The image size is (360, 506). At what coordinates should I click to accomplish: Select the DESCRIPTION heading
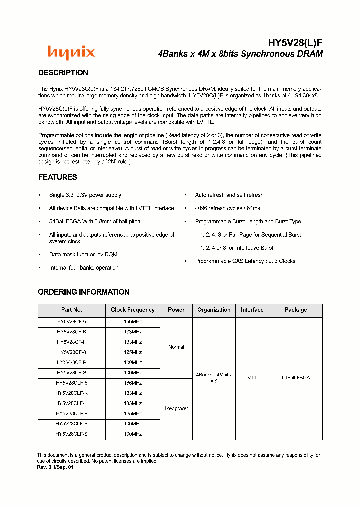click(63, 73)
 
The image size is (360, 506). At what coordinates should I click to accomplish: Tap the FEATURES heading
click(58, 177)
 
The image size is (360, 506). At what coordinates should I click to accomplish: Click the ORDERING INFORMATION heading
click(84, 292)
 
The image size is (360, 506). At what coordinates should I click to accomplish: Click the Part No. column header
click(72, 310)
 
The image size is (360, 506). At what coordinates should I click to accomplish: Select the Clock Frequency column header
click(133, 310)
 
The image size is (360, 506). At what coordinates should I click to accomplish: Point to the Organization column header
click(214, 310)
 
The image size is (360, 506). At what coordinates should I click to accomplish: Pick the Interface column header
click(252, 310)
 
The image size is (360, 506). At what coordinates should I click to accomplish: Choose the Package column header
click(296, 310)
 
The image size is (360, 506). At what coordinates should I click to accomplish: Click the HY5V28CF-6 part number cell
click(72, 322)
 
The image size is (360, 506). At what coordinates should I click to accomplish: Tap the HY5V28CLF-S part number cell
click(72, 434)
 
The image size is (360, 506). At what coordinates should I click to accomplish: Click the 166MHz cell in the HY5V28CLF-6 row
click(133, 383)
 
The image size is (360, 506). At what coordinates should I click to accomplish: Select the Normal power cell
click(176, 347)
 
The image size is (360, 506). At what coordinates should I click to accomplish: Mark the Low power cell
click(176, 409)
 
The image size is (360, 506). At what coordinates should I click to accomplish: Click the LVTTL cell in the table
click(252, 378)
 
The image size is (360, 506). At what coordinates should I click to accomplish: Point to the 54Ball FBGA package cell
click(296, 378)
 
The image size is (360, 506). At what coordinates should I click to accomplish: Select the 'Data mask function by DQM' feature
click(83, 255)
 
